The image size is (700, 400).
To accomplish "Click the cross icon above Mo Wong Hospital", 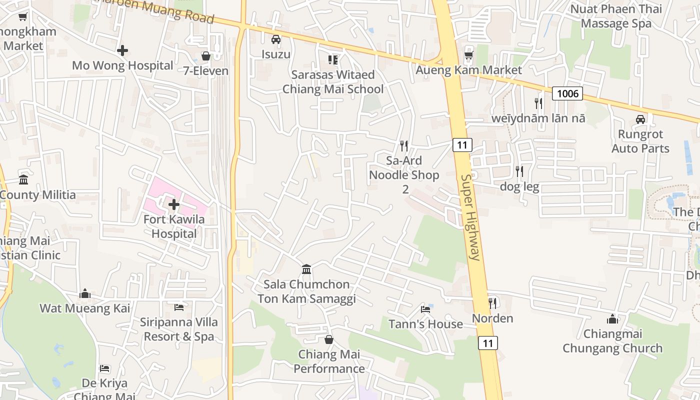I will pos(122,50).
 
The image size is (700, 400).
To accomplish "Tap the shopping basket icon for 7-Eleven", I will pos(205,56).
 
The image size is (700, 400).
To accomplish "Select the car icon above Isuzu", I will pos(275,39).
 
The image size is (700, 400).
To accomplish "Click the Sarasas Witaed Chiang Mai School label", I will pos(333,82).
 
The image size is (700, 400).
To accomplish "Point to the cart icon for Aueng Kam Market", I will pos(468,55).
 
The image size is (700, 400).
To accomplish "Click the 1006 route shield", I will pos(567,93).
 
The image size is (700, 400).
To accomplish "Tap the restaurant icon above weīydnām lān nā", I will pos(538,103).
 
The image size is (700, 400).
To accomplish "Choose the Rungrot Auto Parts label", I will pos(640,141).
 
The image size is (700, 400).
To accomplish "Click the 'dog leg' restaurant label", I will pos(519,187).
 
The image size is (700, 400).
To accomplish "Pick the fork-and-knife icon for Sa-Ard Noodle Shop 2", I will pos(404,145).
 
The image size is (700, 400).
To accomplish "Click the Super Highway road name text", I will pos(470,217).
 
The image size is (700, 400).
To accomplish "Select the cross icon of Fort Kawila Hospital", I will pos(174,204).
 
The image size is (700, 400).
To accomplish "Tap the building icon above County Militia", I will pos(23,179).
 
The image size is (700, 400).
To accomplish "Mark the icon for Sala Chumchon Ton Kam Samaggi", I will pos(306,269).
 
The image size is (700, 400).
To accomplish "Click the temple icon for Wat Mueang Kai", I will pos(85,293).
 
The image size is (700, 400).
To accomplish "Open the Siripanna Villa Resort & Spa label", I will pos(178,329).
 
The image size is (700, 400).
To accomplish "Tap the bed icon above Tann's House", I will pos(425,309).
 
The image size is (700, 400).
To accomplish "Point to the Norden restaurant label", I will pos(492,318).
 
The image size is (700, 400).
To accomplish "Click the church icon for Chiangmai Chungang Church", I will pos(612,318).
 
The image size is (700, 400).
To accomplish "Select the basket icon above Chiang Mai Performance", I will pos(329,339).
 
